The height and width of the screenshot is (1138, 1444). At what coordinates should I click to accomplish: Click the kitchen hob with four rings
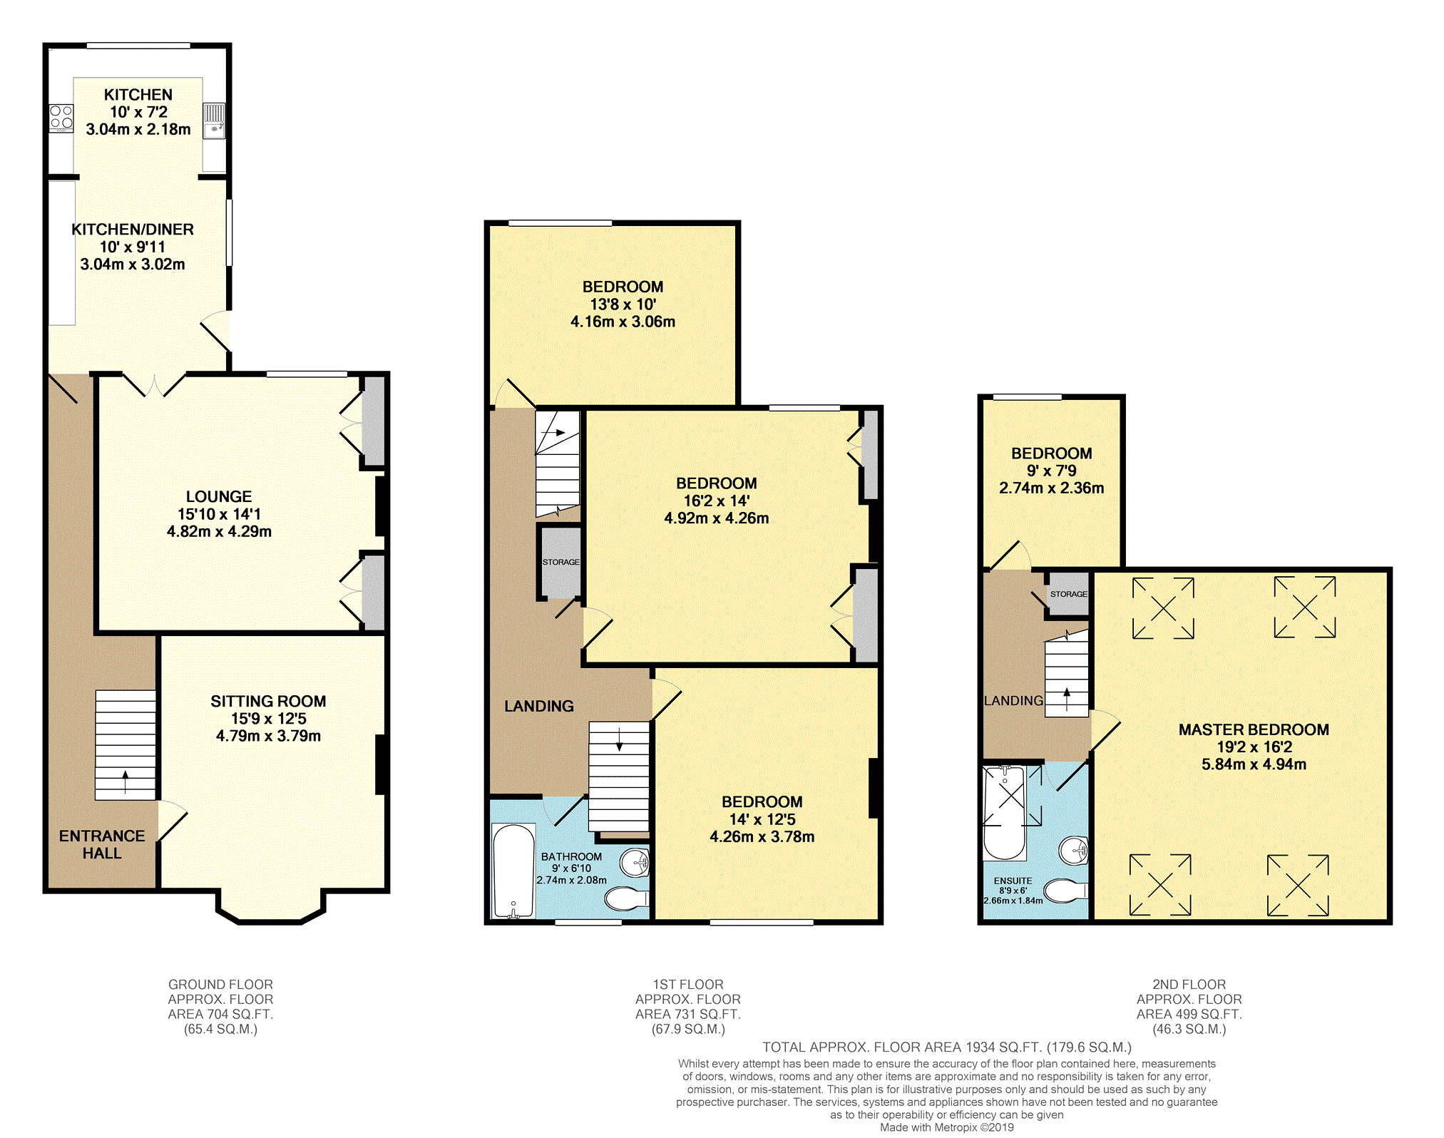[x=61, y=118]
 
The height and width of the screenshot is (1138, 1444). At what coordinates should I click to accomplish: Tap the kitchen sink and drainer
[x=214, y=121]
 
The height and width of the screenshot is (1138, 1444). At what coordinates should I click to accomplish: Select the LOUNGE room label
[x=219, y=496]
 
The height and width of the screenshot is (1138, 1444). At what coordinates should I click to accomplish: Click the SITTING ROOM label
[x=268, y=701]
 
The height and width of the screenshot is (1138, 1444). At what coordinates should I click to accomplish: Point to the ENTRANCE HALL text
[x=102, y=844]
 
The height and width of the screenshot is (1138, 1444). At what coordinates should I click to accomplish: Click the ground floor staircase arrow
[x=126, y=781]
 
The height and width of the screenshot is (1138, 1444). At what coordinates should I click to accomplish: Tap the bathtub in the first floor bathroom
[x=513, y=871]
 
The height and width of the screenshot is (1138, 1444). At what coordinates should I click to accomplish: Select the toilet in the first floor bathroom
[x=627, y=899]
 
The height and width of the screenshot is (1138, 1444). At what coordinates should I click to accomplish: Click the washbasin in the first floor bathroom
[x=635, y=863]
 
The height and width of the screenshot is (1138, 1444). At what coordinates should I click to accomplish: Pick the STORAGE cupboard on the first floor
[x=560, y=562]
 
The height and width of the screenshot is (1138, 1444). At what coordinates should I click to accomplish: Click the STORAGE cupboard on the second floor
[x=1068, y=593]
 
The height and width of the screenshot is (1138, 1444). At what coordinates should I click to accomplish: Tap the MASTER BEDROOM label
[x=1254, y=729]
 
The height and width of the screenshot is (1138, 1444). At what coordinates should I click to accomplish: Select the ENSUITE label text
[x=1013, y=881]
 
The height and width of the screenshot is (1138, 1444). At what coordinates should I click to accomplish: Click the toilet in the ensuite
[x=1065, y=891]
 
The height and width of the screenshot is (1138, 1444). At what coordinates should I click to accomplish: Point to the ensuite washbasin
[x=1074, y=850]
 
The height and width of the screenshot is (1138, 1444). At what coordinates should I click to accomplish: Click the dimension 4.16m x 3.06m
[x=623, y=322]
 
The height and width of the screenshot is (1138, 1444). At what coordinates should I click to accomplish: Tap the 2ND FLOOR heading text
[x=1189, y=984]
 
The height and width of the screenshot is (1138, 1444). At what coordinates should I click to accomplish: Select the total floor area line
[x=947, y=1047]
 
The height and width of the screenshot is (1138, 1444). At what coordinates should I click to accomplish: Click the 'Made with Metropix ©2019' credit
[x=946, y=1127]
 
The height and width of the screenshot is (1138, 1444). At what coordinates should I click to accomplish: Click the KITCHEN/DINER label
[x=133, y=230]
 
